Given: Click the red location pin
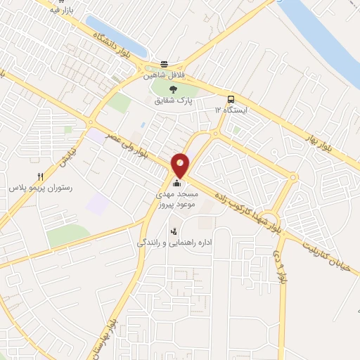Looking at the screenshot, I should pos(181,165).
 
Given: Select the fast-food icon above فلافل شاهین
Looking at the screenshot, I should pos(165,62).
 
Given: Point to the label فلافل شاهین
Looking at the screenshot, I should pos(164,75).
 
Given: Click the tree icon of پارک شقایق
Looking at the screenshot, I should pos(174,89).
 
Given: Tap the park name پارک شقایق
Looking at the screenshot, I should pos(174,101).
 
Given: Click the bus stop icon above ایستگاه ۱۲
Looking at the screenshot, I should pos(231,99).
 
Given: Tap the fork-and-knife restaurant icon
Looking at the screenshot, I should pos(39,177).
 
